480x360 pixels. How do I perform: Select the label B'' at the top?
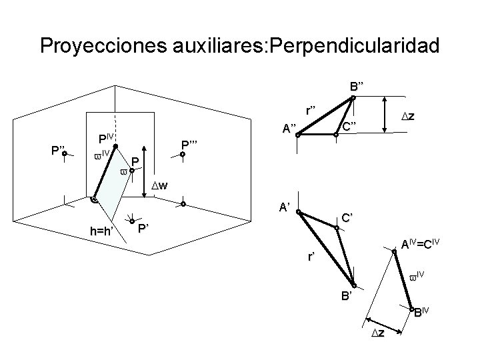point(357,85)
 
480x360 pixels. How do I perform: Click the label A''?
point(289,129)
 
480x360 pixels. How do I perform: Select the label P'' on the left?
point(52,149)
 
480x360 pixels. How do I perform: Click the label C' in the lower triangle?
point(347,217)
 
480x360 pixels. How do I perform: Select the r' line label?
point(311,256)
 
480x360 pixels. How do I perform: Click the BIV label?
point(423,312)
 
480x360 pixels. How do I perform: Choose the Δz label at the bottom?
point(377,333)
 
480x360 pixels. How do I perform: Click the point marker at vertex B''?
point(353,97)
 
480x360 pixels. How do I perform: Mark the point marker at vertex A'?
point(299,214)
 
